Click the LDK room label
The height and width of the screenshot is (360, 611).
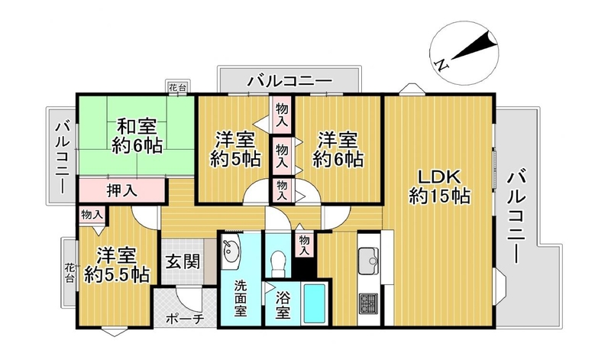439,186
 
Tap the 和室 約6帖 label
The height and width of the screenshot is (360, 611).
137,136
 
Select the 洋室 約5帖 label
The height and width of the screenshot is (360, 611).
236,149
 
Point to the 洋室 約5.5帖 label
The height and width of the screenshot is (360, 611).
117,266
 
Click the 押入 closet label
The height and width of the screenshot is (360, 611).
122,191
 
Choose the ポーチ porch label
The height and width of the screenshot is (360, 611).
185,319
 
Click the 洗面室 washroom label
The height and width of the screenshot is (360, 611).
240,298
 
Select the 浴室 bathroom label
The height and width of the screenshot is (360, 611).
283,305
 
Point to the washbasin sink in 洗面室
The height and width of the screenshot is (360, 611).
231,252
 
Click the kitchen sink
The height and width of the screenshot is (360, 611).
368,261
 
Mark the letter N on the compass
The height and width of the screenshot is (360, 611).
442,65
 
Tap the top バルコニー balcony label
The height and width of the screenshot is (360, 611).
290,82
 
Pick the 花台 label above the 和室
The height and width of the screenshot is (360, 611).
177,87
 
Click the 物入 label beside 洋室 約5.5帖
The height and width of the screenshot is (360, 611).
92,214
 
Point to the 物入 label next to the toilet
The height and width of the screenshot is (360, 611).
304,245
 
